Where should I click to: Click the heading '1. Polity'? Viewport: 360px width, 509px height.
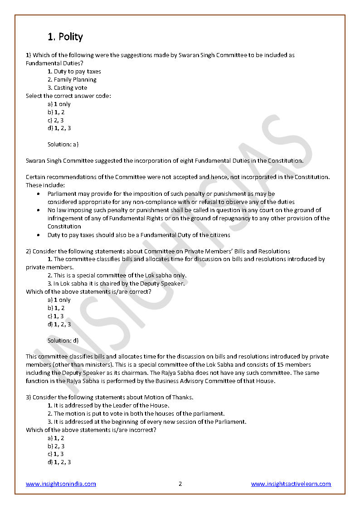[x=65, y=37]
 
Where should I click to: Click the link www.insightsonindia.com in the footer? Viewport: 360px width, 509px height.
[x=61, y=484]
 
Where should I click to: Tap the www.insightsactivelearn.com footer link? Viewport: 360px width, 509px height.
[x=291, y=484]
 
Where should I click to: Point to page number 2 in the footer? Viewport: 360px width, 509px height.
[x=180, y=484]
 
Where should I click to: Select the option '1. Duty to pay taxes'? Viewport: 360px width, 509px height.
[x=74, y=71]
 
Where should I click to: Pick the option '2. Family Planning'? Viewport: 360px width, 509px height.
[x=72, y=79]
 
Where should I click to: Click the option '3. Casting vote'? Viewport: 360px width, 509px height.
[x=68, y=87]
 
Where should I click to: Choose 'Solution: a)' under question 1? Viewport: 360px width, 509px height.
[x=63, y=144]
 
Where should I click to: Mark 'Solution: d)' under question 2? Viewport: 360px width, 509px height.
[x=63, y=340]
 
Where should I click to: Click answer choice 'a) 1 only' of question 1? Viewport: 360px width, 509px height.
[x=59, y=104]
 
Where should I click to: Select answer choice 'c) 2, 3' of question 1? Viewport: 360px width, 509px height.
[x=56, y=120]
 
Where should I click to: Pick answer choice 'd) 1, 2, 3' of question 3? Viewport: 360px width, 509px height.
[x=59, y=462]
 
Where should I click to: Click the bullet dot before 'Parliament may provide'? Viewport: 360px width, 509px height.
[x=38, y=194]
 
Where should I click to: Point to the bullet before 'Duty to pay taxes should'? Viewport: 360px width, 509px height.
[x=38, y=235]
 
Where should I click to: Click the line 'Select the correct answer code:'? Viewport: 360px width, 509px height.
[x=68, y=96]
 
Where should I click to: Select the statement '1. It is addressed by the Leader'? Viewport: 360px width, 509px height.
[x=108, y=405]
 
